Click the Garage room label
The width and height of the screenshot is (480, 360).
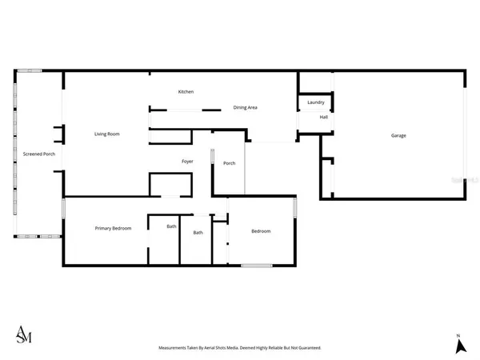point(398,135)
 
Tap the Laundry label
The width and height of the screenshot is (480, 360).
point(315,102)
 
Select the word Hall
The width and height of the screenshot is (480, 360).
point(324,118)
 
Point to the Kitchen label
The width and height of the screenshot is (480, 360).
point(186,92)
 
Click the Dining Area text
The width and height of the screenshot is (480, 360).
point(245,107)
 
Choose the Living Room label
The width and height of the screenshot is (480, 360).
point(107,134)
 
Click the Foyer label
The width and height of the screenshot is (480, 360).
point(187,162)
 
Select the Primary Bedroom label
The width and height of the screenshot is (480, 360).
point(113,229)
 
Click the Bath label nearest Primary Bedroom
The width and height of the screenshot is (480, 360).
point(171,226)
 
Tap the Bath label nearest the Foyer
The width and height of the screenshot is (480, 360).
point(198,233)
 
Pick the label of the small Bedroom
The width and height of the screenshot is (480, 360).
point(261,231)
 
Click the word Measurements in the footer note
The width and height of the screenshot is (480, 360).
point(176,348)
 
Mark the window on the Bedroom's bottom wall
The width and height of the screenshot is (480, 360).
point(256,265)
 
